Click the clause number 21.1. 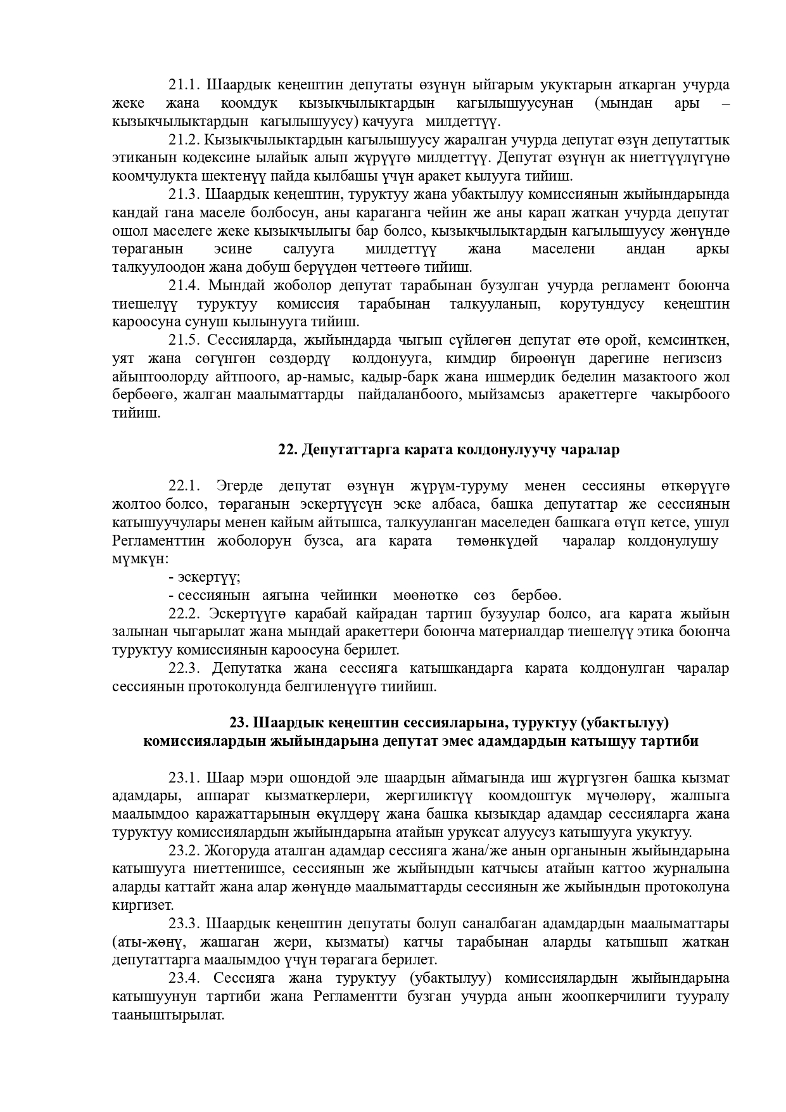(184, 85)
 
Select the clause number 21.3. (184, 194)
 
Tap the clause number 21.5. (184, 340)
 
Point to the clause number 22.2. (184, 613)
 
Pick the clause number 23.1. (184, 777)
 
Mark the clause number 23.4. (184, 978)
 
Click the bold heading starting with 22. (448, 450)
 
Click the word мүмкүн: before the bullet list (140, 559)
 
